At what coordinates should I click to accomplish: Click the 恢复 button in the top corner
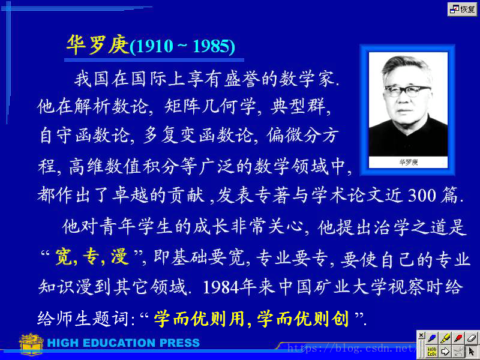(462, 9)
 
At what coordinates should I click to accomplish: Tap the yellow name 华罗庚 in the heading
(98, 44)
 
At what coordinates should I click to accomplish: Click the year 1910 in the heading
(155, 46)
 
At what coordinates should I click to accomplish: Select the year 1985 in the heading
(212, 46)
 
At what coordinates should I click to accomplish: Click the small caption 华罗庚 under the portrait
(409, 162)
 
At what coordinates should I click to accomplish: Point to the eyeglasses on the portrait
(408, 91)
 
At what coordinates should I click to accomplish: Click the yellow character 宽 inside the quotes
(64, 257)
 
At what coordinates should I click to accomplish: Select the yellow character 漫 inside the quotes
(119, 257)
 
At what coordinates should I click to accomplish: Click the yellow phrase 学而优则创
(303, 319)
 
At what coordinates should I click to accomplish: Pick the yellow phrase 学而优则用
(199, 319)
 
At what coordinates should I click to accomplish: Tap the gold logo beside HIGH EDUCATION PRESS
(31, 344)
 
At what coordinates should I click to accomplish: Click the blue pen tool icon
(432, 338)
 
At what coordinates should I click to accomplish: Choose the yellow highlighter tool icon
(445, 338)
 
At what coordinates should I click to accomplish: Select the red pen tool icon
(458, 338)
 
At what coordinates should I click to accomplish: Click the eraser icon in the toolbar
(472, 338)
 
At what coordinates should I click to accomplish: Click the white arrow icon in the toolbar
(445, 351)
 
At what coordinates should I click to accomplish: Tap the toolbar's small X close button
(421, 335)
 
